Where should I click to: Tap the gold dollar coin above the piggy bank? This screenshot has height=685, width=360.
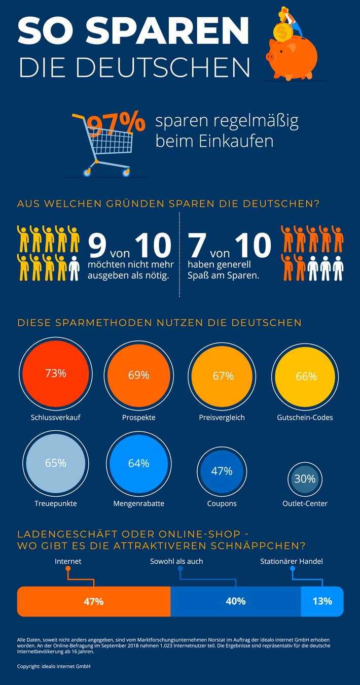281,33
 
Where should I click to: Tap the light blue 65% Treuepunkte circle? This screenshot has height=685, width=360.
56,463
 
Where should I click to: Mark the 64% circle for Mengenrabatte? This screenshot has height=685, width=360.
138,463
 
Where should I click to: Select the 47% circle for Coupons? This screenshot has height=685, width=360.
222,471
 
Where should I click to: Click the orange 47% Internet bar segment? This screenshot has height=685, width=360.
94,601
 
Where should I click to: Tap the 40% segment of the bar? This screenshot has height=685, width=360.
236,601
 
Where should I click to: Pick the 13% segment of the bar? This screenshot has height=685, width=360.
322,601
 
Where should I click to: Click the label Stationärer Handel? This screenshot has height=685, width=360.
291,561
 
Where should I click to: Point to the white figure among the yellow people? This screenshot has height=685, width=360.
74,267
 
